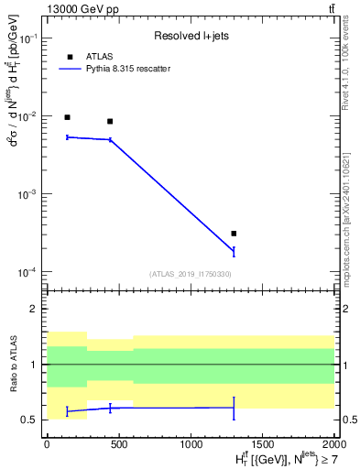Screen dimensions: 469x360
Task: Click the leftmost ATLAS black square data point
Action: pos(67,117)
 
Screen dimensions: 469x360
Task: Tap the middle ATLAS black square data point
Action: pos(110,121)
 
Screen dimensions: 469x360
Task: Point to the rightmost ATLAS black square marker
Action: pos(234,234)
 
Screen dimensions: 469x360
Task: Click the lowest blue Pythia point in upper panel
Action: pos(234,251)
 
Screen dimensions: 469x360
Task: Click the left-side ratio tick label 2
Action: pos(34,310)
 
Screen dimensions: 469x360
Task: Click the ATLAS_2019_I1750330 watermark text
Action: pos(190,274)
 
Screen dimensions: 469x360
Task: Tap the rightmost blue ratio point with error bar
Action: pos(234,408)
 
